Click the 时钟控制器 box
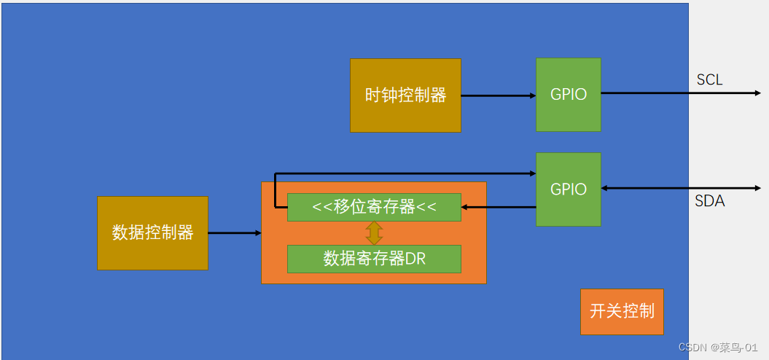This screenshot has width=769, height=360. (x=405, y=95)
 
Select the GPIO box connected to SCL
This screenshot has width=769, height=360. (x=569, y=95)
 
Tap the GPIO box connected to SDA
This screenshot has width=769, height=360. (x=569, y=189)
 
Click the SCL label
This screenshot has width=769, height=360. (x=709, y=80)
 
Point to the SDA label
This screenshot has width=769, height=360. (x=709, y=201)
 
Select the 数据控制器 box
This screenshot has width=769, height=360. (x=152, y=233)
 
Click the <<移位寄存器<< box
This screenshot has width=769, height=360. (x=374, y=207)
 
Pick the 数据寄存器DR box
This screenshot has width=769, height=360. (x=374, y=259)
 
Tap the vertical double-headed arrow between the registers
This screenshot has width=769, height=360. (x=374, y=232)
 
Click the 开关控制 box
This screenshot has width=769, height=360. (x=622, y=312)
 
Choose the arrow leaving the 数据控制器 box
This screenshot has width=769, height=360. (x=234, y=233)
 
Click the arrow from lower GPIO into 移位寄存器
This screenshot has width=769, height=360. (x=499, y=207)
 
